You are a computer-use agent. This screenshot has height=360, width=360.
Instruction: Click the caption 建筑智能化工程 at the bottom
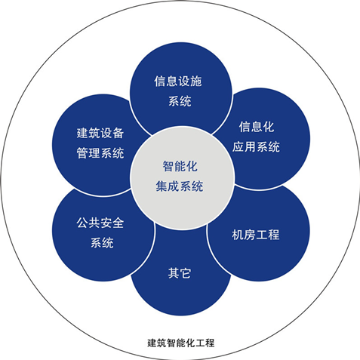point(181,343)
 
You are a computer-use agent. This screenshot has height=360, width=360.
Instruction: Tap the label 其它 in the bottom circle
point(180,273)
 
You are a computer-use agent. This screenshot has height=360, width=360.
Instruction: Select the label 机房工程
point(256,235)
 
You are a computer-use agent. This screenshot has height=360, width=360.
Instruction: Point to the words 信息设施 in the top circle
point(178,82)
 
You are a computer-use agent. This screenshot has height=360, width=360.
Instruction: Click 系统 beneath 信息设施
point(180,101)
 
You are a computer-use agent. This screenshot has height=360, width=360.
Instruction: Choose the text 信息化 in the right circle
point(257,127)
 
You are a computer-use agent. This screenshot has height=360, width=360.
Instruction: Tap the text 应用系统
point(256,146)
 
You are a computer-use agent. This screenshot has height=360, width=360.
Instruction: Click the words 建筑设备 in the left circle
point(100,133)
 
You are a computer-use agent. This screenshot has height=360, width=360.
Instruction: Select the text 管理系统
point(100,153)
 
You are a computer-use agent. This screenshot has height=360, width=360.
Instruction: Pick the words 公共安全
point(100,223)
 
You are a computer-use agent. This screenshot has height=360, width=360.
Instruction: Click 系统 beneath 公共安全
point(102,243)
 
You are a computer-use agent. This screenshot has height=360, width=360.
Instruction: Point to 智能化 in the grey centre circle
point(180,166)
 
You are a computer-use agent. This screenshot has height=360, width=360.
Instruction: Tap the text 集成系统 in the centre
point(180,186)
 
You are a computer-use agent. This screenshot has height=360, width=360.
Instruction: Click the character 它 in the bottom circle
point(186,273)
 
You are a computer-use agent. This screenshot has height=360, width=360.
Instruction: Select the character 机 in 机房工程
point(238,235)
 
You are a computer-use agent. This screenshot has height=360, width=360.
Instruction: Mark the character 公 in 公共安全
point(82,223)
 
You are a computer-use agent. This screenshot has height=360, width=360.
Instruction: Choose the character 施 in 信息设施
point(196,82)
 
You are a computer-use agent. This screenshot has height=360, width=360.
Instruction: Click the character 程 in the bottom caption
point(210,343)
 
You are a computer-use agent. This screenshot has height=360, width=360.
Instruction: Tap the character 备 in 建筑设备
point(118,133)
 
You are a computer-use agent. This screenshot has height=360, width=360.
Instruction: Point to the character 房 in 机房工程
point(250,235)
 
